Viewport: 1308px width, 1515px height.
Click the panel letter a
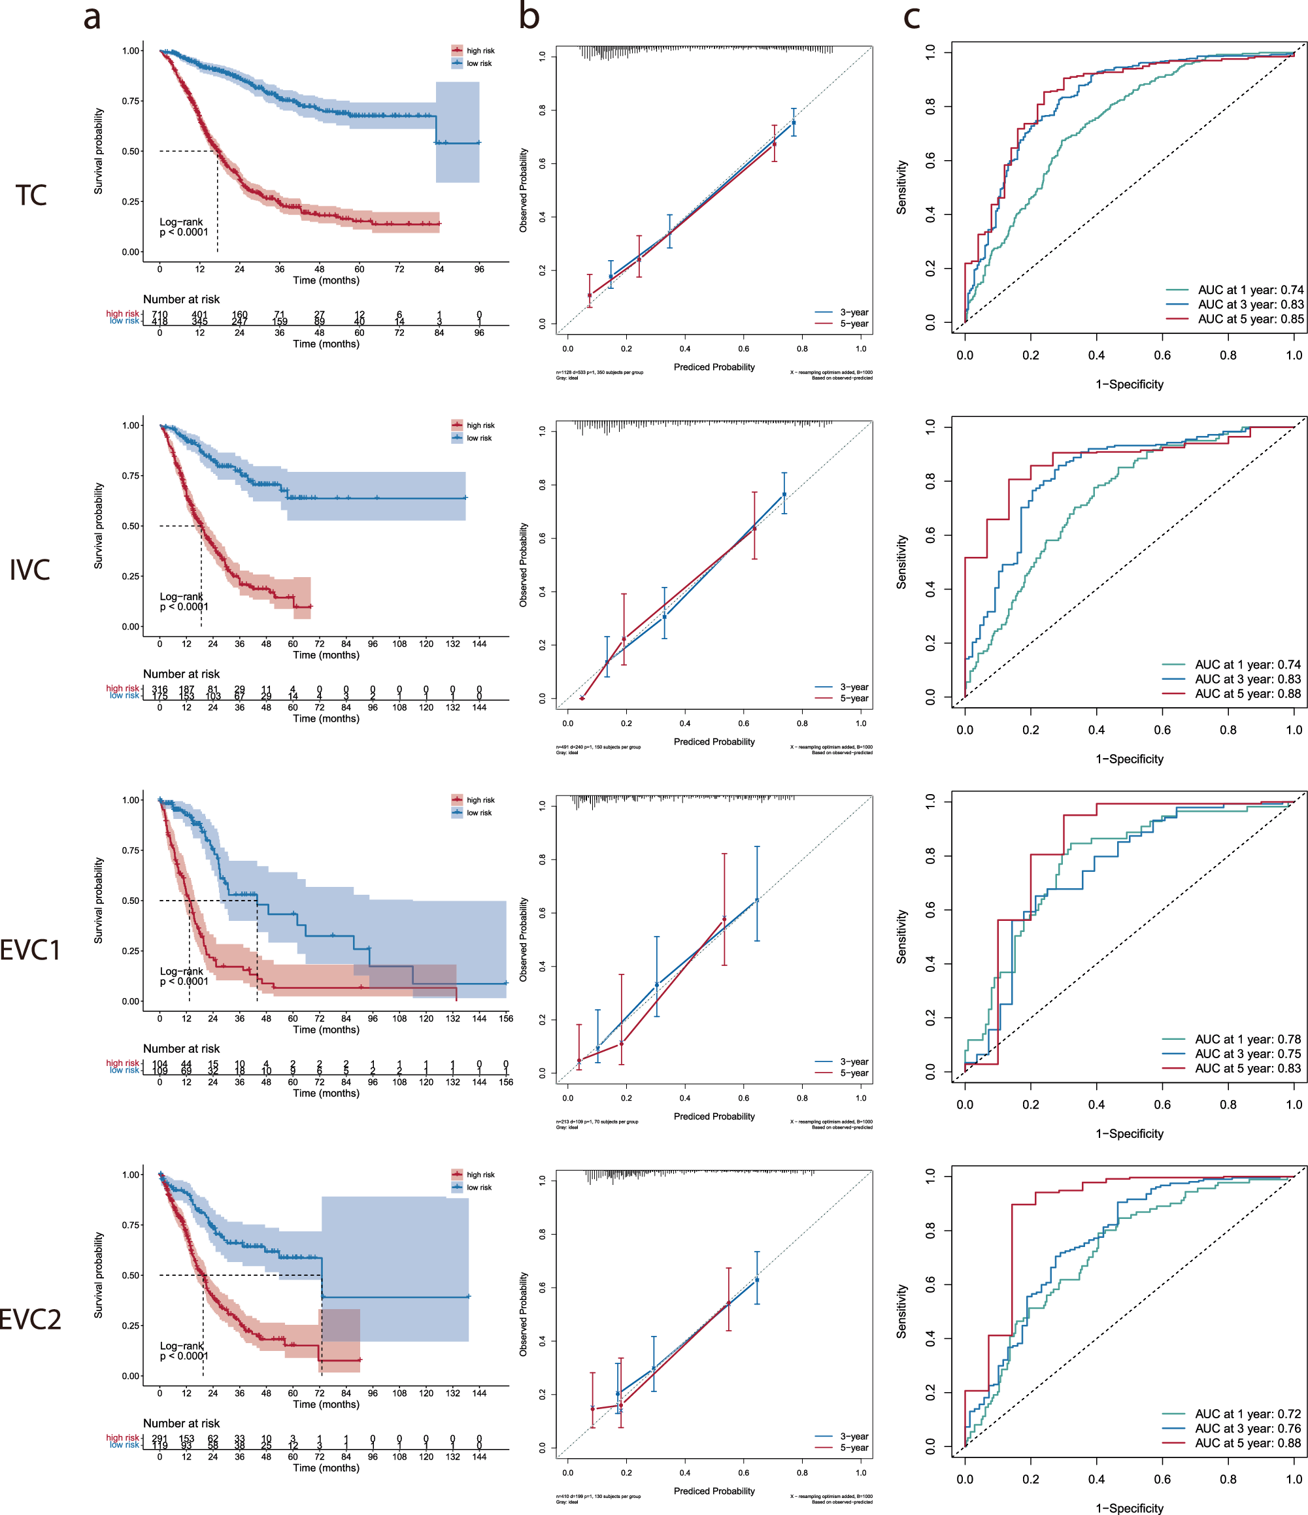[x=92, y=17]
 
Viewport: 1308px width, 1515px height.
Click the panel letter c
[x=911, y=17]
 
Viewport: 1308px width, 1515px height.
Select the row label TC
[x=31, y=195]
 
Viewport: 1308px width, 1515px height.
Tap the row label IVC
[x=29, y=569]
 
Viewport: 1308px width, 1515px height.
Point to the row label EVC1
[x=30, y=950]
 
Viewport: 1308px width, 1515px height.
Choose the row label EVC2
[x=30, y=1319]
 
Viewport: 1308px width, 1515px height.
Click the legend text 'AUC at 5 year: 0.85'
[x=1250, y=319]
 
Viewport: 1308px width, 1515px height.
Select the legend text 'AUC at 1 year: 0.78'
[x=1247, y=1039]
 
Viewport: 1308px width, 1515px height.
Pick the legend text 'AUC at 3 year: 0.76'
[x=1247, y=1428]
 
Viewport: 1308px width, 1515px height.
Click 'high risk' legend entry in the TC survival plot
[x=480, y=50]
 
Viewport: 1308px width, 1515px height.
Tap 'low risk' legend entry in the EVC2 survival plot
[x=479, y=1188]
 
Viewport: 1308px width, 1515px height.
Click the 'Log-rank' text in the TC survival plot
[x=181, y=222]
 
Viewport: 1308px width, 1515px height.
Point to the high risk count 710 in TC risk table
[x=159, y=314]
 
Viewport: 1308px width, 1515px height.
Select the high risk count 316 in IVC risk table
[x=159, y=689]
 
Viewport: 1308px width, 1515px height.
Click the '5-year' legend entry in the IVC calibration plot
[x=853, y=698]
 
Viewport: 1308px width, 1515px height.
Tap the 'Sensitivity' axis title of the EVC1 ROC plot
[x=901, y=937]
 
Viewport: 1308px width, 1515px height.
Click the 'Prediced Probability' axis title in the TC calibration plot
[x=714, y=367]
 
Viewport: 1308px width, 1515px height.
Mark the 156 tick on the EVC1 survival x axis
[x=506, y=1018]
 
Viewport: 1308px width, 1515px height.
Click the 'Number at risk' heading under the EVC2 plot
[x=181, y=1423]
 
